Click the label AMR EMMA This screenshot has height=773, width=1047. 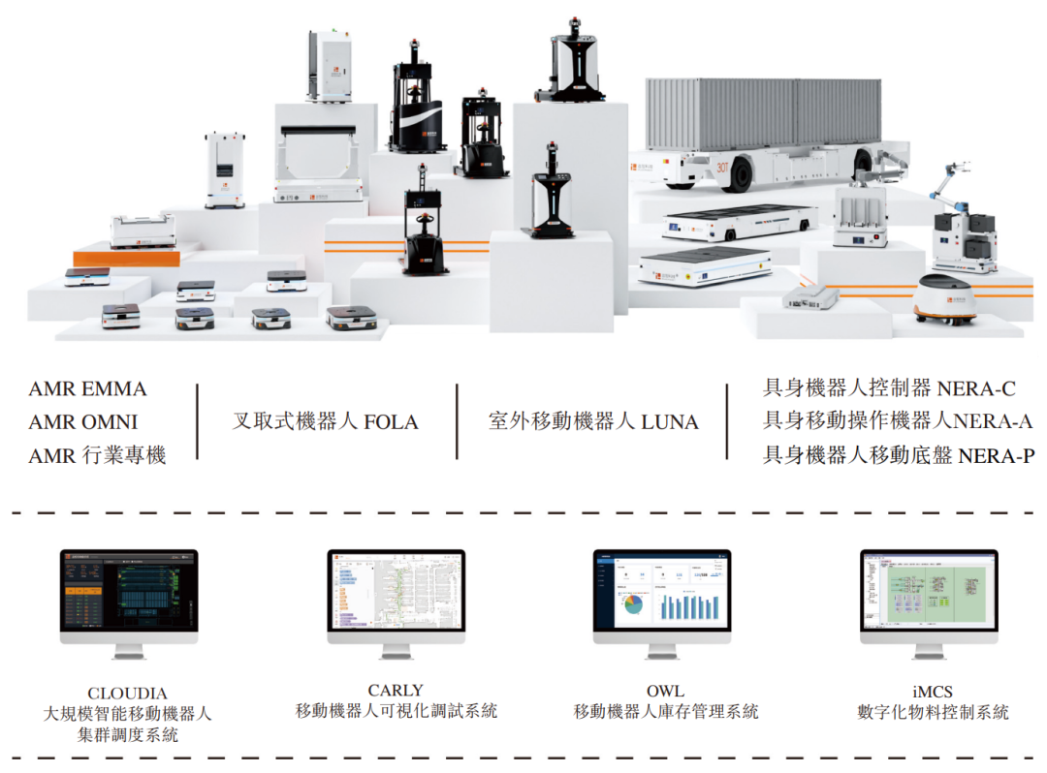click(87, 389)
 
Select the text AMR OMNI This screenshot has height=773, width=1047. click(83, 422)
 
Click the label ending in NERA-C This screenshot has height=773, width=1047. click(889, 389)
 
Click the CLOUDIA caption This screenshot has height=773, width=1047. click(127, 694)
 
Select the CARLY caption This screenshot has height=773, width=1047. click(396, 691)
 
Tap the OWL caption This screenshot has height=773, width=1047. click(665, 691)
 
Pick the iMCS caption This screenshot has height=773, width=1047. click(933, 692)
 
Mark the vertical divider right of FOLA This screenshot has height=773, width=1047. click(457, 421)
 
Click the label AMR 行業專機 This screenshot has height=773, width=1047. click(97, 455)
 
